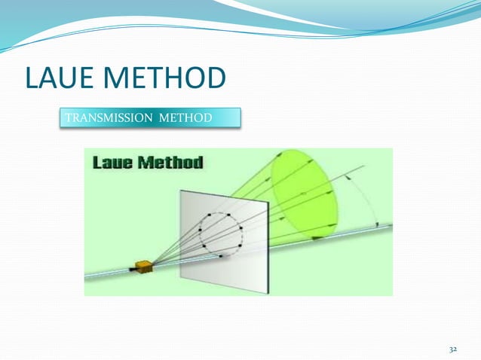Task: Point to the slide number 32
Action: [453, 350]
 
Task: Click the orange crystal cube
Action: [143, 266]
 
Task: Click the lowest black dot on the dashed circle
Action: [221, 256]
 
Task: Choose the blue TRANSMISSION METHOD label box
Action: [150, 118]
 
